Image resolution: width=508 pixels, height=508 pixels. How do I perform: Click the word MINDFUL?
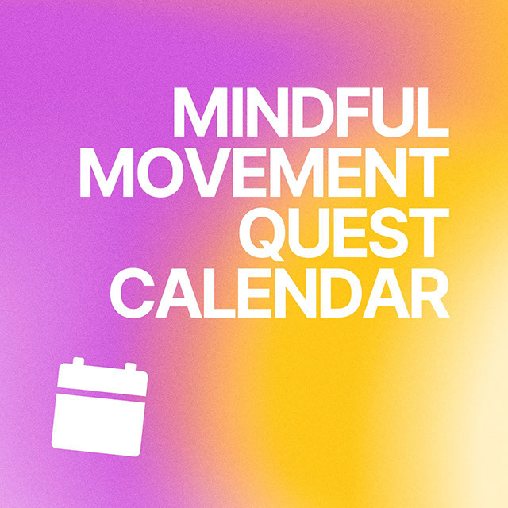point(311,112)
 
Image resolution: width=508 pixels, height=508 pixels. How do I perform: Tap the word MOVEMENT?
point(264,172)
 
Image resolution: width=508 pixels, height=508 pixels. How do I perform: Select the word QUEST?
point(344,233)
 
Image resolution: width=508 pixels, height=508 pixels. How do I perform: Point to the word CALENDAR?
point(280,293)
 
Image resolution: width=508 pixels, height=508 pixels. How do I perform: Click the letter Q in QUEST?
point(262,233)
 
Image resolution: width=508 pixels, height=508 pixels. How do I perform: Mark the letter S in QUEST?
point(388,233)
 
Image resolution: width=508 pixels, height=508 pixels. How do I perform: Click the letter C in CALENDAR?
point(133,293)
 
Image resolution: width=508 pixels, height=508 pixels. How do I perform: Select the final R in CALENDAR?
point(429,293)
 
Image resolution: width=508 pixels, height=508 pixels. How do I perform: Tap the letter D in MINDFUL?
point(312,112)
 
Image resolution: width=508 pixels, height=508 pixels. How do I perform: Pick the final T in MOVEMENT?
point(429,172)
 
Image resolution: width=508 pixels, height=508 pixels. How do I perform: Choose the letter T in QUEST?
point(429,233)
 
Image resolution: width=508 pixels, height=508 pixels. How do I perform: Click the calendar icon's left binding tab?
point(78,361)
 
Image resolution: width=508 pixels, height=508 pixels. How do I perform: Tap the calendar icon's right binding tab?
point(130,367)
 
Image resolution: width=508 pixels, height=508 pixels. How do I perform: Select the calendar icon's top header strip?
point(102,379)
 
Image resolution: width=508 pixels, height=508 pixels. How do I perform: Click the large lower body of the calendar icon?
point(98,425)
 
